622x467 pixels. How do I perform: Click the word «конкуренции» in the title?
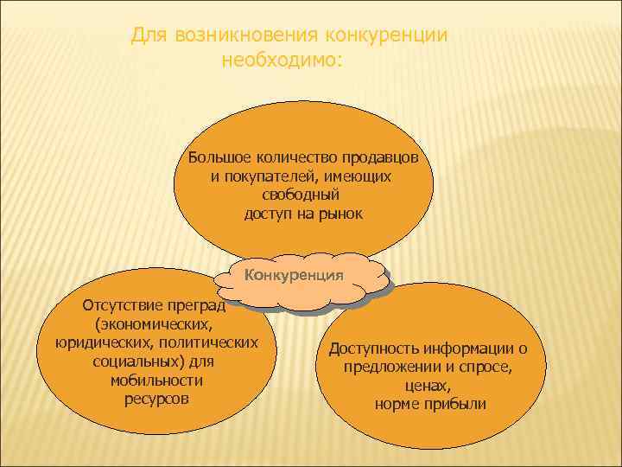coord(385,35)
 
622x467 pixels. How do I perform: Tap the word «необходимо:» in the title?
coord(282,61)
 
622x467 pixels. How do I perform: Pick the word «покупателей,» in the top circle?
coord(273,176)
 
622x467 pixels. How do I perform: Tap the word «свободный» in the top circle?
coord(301,195)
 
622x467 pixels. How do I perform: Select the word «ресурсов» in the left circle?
coord(155,400)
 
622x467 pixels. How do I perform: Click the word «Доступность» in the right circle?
coord(374,349)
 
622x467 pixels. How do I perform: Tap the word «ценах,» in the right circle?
coord(428,386)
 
